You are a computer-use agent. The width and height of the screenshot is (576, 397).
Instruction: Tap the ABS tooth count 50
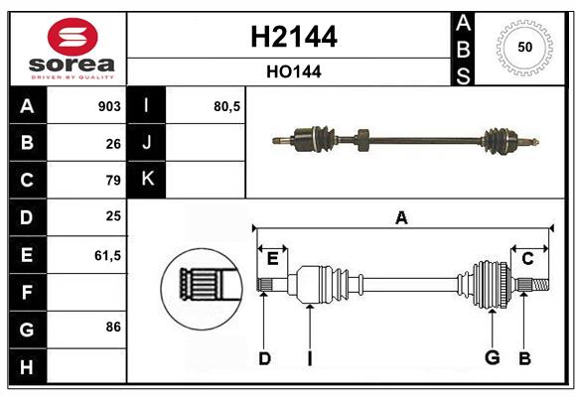523,48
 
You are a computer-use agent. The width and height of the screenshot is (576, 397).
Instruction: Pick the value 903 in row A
108,106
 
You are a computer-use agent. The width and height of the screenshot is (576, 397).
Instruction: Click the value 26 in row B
112,144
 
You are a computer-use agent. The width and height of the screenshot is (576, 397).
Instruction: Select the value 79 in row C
112,181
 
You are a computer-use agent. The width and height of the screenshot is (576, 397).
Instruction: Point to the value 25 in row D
112,216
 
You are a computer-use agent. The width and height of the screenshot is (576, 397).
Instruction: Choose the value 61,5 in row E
106,255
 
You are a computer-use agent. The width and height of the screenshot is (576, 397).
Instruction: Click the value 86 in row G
112,326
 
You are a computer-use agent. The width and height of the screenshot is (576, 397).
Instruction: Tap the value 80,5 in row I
227,106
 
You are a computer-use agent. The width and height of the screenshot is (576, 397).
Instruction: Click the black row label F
27,293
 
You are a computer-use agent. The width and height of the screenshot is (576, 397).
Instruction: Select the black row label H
27,367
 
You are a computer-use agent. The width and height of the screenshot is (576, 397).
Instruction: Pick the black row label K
147,180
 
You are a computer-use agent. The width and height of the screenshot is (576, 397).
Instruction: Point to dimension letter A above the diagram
401,217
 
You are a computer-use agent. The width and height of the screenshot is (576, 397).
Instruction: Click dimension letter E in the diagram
272,258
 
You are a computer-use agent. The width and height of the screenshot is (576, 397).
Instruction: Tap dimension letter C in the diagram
528,259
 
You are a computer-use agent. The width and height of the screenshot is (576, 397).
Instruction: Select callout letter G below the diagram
492,358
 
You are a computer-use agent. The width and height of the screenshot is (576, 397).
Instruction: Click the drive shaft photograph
404,141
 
